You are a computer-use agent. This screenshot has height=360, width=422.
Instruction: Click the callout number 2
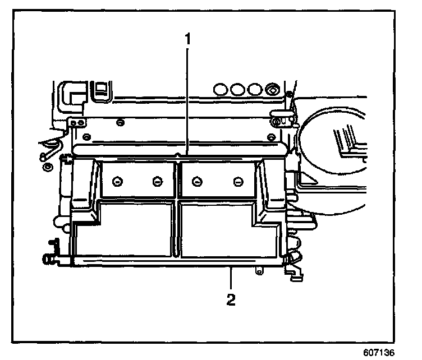pyautogui.click(x=230, y=299)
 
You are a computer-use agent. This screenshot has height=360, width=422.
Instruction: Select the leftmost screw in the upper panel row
pyautogui.click(x=117, y=181)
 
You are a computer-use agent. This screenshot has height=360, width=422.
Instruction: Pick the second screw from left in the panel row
pyautogui.click(x=158, y=181)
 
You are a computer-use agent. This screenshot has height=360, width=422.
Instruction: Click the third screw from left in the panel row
pyautogui.click(x=196, y=181)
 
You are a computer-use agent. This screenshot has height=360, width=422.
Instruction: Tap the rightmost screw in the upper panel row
pyautogui.click(x=238, y=181)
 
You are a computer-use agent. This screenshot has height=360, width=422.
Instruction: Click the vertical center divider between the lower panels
pyautogui.click(x=178, y=230)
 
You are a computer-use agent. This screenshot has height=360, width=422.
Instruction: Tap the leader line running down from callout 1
pyautogui.click(x=187, y=101)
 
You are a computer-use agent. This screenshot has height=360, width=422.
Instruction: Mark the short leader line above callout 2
pyautogui.click(x=230, y=279)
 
